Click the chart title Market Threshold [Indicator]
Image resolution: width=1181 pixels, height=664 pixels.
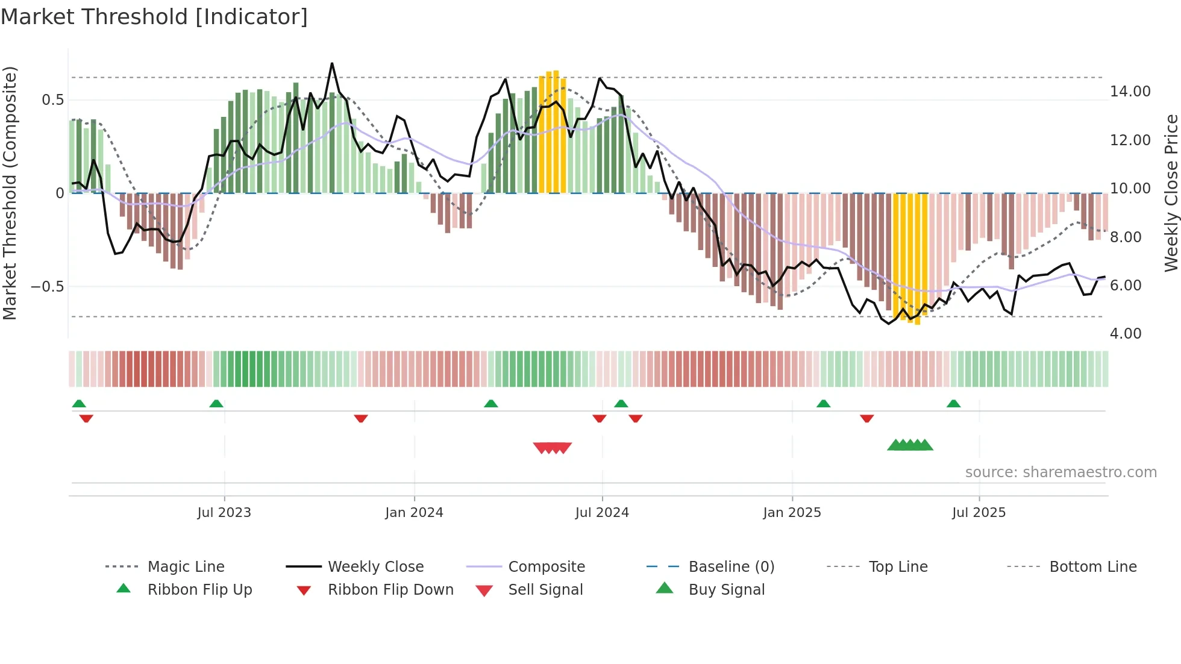coord(154,17)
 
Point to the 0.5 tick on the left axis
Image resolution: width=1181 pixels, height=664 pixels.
coord(52,100)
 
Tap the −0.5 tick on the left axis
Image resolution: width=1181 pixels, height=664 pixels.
coord(48,286)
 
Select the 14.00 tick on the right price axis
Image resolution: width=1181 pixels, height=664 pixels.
coord(1130,92)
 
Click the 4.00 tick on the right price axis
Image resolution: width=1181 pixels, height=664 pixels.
coord(1125,334)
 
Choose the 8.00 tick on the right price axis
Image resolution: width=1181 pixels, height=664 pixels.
coord(1125,237)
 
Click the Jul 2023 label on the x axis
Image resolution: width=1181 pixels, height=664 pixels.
coord(224,513)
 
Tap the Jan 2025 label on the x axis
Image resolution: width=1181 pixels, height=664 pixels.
coord(792,513)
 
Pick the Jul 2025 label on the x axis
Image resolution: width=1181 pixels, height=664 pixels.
coord(979,513)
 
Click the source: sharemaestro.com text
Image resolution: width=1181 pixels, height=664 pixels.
coord(1060,472)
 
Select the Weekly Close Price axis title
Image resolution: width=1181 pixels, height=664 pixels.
coord(1171,193)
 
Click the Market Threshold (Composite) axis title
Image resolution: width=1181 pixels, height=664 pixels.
coord(10,193)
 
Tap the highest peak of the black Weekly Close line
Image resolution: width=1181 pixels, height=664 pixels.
coord(332,63)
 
